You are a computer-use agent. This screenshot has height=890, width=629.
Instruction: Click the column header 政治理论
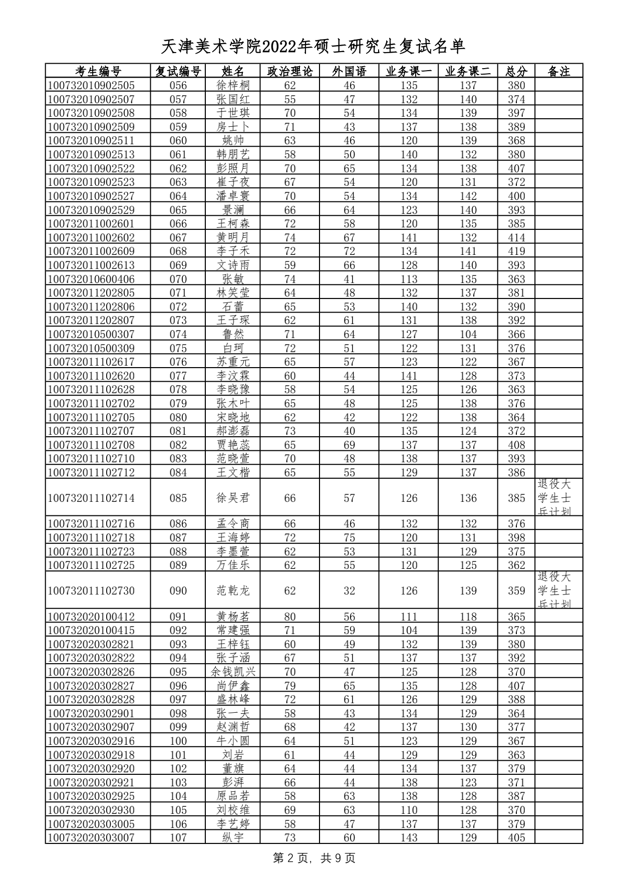click(290, 71)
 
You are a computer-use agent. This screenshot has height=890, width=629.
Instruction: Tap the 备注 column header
click(559, 71)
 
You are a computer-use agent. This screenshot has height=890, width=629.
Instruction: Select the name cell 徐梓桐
click(233, 85)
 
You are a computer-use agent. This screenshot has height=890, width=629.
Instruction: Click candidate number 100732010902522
click(91, 168)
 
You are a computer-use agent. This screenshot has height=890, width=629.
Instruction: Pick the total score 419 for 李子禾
click(516, 251)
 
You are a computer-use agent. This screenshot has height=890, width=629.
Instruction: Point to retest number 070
click(178, 279)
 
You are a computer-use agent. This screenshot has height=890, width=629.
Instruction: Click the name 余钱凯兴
click(233, 672)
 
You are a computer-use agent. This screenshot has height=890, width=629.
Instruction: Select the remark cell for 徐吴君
click(558, 497)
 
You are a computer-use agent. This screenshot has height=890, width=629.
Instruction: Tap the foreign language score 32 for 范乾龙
click(349, 591)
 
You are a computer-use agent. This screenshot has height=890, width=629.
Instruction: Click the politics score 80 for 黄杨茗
click(290, 617)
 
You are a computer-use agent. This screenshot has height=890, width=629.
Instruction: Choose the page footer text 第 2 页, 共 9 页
click(314, 858)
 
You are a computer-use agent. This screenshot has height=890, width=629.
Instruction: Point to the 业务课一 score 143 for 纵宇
click(409, 838)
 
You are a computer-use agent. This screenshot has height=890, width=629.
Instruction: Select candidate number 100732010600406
click(91, 279)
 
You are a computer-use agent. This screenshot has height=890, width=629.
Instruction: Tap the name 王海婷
click(233, 538)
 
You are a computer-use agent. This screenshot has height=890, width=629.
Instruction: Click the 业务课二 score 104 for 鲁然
click(468, 334)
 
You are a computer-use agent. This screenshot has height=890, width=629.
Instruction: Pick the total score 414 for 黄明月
click(516, 237)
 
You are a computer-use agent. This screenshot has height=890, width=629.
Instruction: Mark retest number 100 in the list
click(178, 741)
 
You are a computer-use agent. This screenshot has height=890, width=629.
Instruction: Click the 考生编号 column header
click(98, 71)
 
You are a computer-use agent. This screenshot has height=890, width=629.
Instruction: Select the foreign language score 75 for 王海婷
click(349, 538)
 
